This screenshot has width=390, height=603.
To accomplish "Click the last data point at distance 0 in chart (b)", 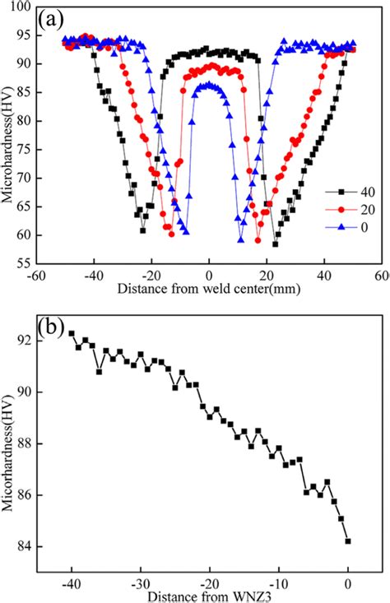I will point(348,540).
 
